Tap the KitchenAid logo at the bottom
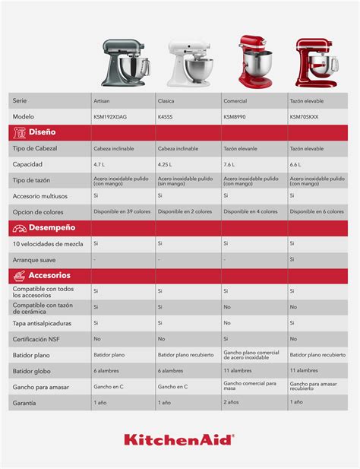click(x=179, y=440)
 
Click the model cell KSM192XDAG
click(x=112, y=116)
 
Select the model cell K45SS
click(x=166, y=116)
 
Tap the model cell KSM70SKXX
click(x=304, y=116)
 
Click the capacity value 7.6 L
click(x=229, y=164)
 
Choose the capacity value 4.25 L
click(x=166, y=164)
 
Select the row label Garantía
click(x=26, y=401)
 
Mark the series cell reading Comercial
click(x=235, y=100)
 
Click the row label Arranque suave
click(x=35, y=259)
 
